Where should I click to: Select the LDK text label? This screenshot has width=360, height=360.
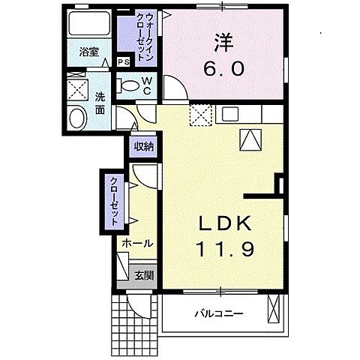click(x=220, y=224)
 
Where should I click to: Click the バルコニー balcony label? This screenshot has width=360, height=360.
click(x=217, y=313)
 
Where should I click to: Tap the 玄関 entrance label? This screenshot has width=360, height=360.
click(x=144, y=275)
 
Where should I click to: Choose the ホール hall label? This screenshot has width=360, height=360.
click(x=138, y=244)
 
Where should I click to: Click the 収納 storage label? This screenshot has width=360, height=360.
click(x=144, y=146)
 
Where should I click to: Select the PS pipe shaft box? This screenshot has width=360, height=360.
click(x=122, y=62)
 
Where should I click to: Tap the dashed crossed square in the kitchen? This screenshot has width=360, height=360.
click(x=199, y=115)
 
